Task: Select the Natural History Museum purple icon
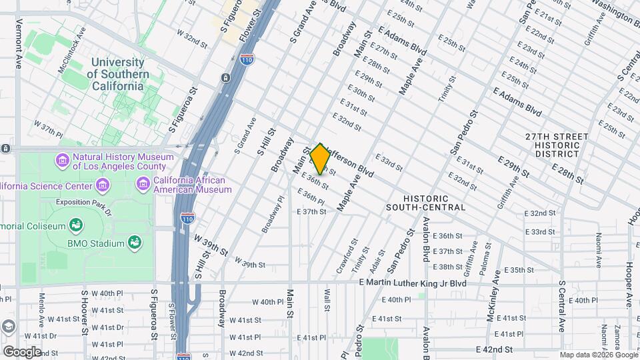click(62, 161)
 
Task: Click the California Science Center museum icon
click(102, 185)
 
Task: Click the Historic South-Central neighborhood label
click(425, 203)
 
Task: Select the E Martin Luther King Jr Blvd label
click(412, 283)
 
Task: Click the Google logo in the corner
click(21, 351)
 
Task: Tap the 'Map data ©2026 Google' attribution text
click(598, 355)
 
